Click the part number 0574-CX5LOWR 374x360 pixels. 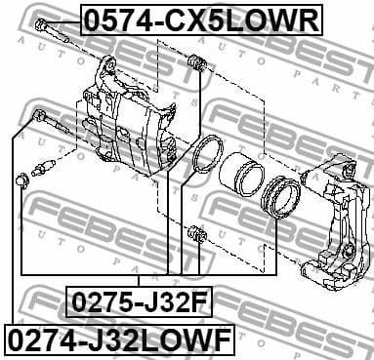click(x=199, y=20)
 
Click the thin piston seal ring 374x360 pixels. click(x=207, y=155)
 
